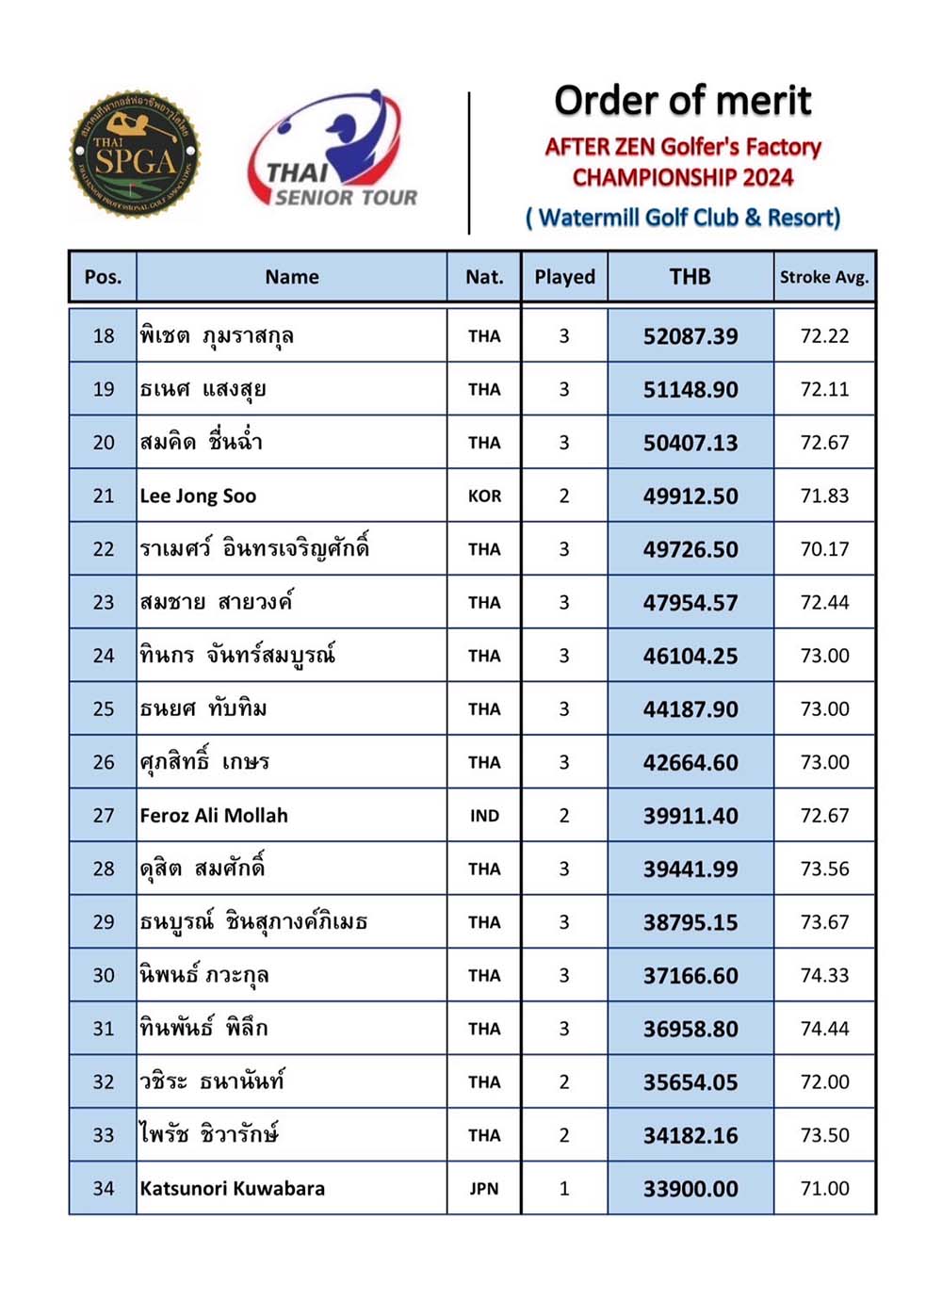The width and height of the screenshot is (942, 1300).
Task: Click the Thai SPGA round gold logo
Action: [x=135, y=154]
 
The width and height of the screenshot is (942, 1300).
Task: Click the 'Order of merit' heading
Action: [x=683, y=101]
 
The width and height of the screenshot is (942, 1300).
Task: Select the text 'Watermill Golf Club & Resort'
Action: [x=683, y=218]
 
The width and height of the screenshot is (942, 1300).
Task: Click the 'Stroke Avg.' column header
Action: [x=824, y=277]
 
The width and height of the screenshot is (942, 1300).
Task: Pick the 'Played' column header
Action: [x=564, y=277]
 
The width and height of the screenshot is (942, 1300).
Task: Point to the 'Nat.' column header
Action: [x=484, y=277]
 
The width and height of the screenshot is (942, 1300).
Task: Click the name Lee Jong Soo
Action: [x=198, y=496]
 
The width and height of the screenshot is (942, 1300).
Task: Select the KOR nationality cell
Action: [x=484, y=496]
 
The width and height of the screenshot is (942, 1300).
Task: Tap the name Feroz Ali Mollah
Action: [x=214, y=816]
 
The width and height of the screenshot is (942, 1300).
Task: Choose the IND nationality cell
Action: [x=484, y=816]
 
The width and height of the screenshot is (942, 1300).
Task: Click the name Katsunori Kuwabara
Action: [x=232, y=1189]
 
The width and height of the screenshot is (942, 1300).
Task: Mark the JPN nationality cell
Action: [x=484, y=1189]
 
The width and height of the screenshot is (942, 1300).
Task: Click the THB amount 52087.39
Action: [x=690, y=336]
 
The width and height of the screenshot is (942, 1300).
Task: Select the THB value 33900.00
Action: [x=690, y=1189]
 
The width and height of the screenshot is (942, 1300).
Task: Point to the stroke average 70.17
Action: [x=824, y=549]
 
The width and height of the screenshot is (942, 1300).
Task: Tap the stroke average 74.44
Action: [x=824, y=1029]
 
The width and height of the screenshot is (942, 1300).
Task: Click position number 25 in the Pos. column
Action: [x=104, y=709]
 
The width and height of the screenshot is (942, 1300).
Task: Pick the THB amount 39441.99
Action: [x=690, y=869]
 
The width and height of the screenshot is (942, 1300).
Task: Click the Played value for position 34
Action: [x=564, y=1189]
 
